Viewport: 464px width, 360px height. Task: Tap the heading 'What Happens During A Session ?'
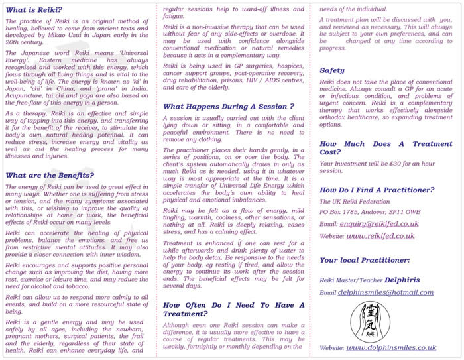229,106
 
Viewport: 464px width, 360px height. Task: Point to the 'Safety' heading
332,70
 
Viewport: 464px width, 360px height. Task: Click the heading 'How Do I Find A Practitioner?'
377,190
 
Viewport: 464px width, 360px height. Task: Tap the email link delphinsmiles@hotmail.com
380,292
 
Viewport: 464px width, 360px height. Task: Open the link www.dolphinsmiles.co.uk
392,347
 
